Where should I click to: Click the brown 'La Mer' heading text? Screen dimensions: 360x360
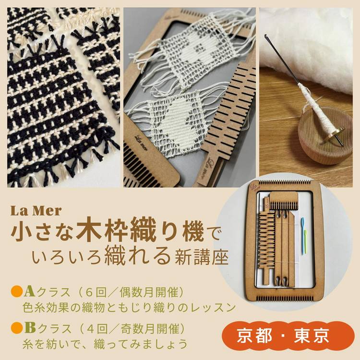click(x=36, y=211)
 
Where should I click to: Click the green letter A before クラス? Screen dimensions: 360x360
click(x=29, y=292)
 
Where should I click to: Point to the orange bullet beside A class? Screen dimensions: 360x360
click(x=17, y=292)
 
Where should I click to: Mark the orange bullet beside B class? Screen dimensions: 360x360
click(x=17, y=328)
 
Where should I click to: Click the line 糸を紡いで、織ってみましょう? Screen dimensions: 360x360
click(x=105, y=344)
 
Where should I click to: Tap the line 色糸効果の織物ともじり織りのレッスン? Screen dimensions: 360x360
click(x=129, y=308)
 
